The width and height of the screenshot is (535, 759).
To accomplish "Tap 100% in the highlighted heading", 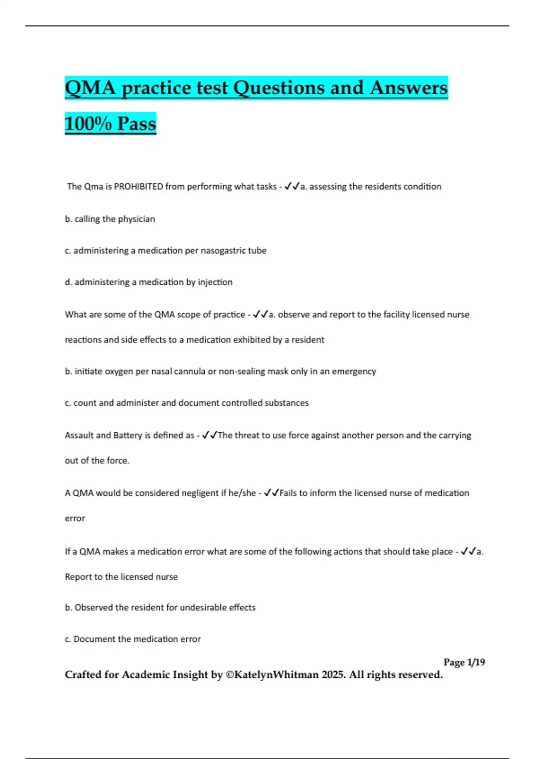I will click(88, 124).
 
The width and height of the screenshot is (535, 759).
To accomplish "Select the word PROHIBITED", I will click(139, 187).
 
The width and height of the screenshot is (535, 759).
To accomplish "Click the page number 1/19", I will click(476, 663).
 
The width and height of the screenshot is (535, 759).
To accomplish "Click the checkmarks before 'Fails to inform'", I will click(272, 493).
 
